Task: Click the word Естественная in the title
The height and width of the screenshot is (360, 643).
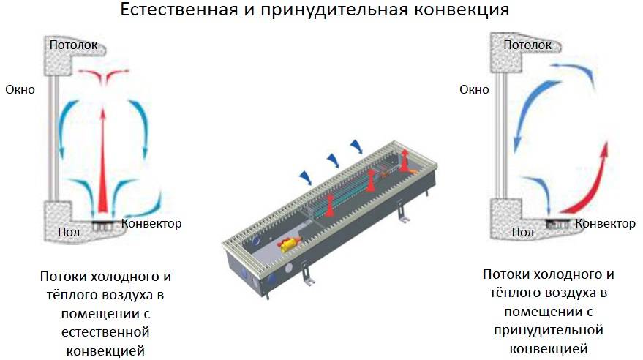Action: (x=178, y=10)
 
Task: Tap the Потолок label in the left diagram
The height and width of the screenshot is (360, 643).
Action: (x=73, y=45)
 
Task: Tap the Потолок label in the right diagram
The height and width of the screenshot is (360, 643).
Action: (x=527, y=45)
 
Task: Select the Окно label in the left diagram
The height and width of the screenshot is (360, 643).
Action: (x=20, y=89)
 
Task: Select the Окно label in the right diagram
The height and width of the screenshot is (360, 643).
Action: (x=474, y=89)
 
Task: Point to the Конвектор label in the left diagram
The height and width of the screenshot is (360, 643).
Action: (x=151, y=223)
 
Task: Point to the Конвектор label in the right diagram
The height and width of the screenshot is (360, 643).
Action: (x=605, y=223)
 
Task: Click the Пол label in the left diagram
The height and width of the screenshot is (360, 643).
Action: (x=69, y=232)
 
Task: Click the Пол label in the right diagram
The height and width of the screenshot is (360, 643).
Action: (x=523, y=232)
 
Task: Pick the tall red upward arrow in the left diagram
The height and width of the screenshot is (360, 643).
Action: (x=103, y=160)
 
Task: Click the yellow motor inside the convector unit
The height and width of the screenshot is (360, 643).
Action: (x=288, y=244)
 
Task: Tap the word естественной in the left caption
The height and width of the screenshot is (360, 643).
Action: (x=105, y=332)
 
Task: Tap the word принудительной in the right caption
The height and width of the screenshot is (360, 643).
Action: (x=549, y=330)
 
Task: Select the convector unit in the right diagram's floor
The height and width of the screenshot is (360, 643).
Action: (x=557, y=224)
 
